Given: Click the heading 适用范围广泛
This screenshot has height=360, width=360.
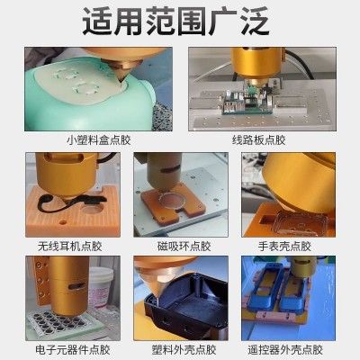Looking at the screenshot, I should point(180,22).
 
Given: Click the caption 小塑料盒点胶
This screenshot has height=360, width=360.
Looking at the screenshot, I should point(99,139).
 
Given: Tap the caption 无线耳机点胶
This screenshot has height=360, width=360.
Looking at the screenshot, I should point(71,245).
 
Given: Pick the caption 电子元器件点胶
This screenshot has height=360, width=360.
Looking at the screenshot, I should point(71,348).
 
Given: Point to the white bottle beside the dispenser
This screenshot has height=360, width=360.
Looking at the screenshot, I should point(101,288).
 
